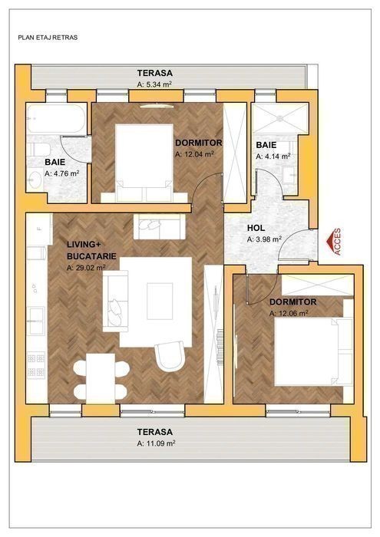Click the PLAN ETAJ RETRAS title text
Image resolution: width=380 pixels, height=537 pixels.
click(x=48, y=38)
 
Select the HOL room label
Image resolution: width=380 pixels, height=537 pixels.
click(x=256, y=228)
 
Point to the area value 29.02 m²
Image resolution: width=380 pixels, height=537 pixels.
click(x=86, y=268)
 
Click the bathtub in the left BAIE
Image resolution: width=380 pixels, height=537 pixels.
click(x=57, y=118)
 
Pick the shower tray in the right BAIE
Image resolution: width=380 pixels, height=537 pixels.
click(x=280, y=118)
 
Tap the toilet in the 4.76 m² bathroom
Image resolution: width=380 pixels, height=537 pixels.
click(x=38, y=150)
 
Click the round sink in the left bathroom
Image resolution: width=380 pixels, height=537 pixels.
click(x=35, y=179)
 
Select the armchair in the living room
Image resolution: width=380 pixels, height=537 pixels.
click(x=170, y=356)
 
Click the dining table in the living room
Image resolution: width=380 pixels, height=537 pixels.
click(x=101, y=378)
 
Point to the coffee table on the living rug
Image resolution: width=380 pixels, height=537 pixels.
click(x=160, y=301)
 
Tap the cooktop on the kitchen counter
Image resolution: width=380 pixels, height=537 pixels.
click(x=36, y=365)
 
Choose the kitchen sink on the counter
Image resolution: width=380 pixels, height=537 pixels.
click(x=36, y=321)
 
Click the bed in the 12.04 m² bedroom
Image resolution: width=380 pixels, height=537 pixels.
click(x=144, y=163)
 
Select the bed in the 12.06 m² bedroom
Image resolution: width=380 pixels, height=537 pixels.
click(x=313, y=351)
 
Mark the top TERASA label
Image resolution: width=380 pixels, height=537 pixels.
click(x=155, y=74)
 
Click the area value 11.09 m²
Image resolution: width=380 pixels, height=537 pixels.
click(x=156, y=443)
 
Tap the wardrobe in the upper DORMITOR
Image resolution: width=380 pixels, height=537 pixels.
click(x=235, y=153)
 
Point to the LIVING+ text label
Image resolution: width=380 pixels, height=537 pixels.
click(x=81, y=245)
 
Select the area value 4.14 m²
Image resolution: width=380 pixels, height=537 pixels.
click(x=273, y=156)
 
